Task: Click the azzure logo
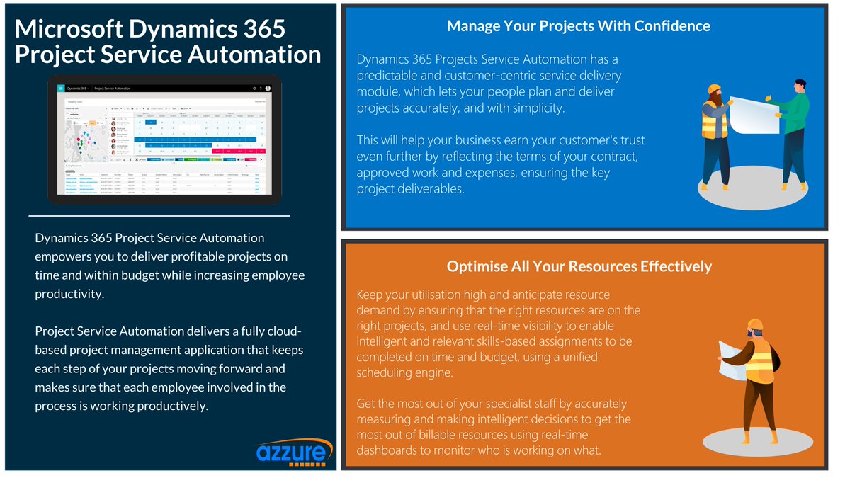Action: pyautogui.click(x=293, y=452)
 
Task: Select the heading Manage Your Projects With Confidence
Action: pyautogui.click(x=578, y=26)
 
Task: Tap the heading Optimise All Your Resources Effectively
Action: pyautogui.click(x=579, y=266)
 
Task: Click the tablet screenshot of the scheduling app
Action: pyautogui.click(x=164, y=138)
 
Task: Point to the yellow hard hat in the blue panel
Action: pyautogui.click(x=714, y=90)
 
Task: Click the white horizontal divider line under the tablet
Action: pyautogui.click(x=159, y=215)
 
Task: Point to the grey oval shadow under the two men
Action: pyautogui.click(x=753, y=191)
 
